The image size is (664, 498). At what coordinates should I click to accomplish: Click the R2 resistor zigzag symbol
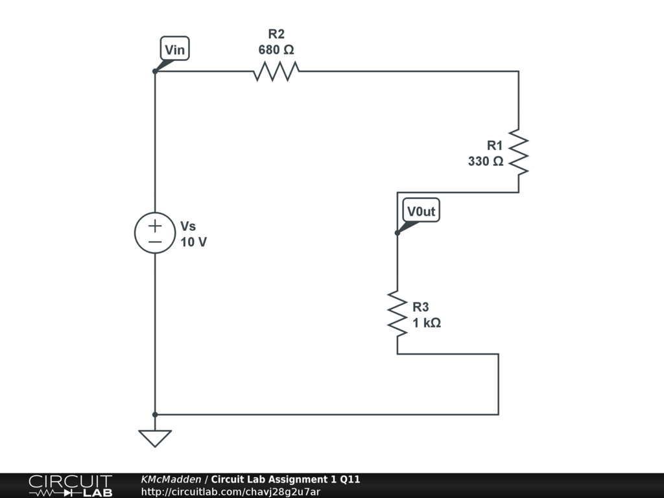click(x=276, y=71)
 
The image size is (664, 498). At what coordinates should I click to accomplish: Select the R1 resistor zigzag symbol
click(x=519, y=152)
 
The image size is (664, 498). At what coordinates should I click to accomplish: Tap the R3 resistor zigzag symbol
click(x=397, y=314)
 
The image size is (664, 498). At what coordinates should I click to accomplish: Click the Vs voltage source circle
click(x=155, y=233)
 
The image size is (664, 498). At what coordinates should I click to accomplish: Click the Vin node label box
click(x=174, y=49)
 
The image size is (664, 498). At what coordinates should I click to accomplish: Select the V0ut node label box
click(x=421, y=211)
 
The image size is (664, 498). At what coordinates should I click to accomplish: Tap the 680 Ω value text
click(x=276, y=50)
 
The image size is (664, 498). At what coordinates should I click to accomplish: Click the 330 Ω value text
click(x=486, y=161)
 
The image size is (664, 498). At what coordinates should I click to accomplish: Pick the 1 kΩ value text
click(x=427, y=323)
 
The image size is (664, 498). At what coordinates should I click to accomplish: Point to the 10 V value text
click(x=194, y=243)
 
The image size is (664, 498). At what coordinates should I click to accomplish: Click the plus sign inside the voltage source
click(x=155, y=226)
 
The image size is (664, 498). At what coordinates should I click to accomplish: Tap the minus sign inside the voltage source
click(x=155, y=241)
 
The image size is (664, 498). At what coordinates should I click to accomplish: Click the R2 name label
click(x=276, y=34)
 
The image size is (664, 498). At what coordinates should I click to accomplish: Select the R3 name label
click(x=421, y=307)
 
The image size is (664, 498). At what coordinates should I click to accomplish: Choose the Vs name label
click(x=188, y=226)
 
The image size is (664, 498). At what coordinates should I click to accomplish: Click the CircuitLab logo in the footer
click(x=70, y=486)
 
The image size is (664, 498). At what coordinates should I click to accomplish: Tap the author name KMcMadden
click(x=171, y=479)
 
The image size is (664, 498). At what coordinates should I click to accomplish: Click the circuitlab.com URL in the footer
click(x=231, y=492)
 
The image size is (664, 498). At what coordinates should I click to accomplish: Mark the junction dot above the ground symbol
click(x=155, y=414)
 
